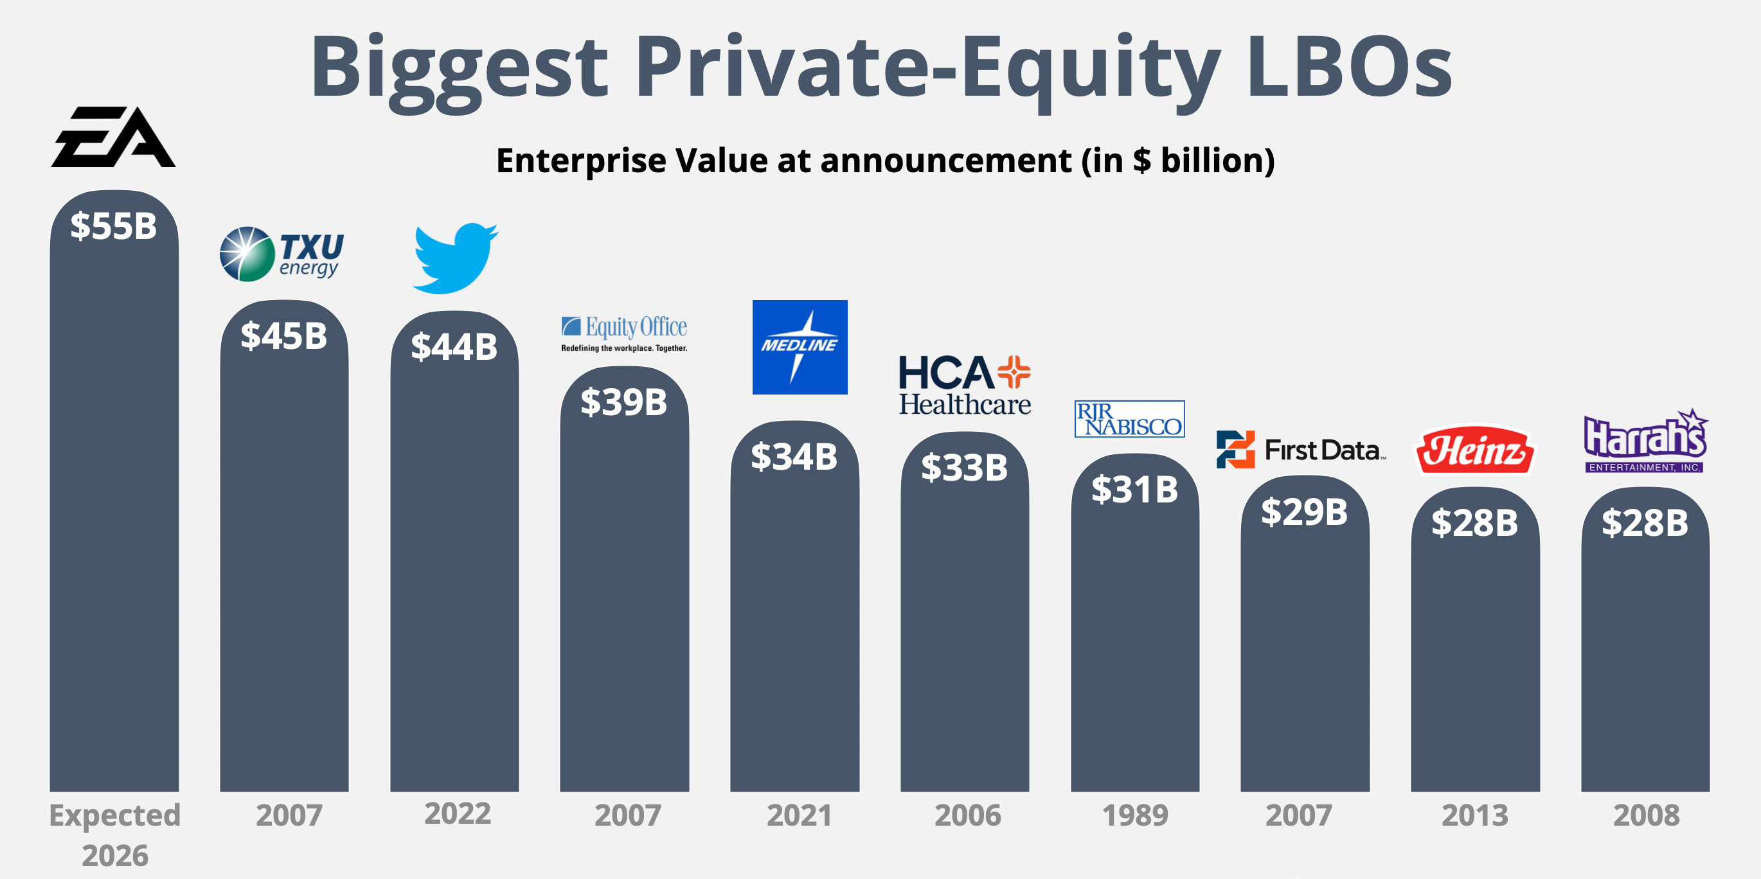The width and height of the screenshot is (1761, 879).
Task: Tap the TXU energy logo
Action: (282, 254)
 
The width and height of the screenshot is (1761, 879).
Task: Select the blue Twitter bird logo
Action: (455, 258)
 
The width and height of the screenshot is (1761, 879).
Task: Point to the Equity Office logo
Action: (624, 333)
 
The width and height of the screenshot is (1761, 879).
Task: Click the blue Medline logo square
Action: (800, 347)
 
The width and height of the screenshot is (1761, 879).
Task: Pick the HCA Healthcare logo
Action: (965, 385)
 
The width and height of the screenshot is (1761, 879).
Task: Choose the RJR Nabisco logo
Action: (1129, 419)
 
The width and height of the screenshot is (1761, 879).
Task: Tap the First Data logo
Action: (1301, 450)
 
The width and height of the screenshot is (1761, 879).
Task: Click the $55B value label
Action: (114, 226)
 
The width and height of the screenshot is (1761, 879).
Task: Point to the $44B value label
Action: (454, 346)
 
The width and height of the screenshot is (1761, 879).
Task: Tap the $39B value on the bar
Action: (623, 402)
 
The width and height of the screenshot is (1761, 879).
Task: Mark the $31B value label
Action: (1135, 490)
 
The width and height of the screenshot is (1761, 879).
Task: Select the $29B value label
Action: (1304, 512)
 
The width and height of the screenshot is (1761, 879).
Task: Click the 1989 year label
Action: (1135, 815)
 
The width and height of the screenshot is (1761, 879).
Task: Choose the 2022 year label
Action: (458, 813)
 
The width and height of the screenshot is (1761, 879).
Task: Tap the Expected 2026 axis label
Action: (115, 835)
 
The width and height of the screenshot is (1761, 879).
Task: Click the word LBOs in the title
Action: (1349, 67)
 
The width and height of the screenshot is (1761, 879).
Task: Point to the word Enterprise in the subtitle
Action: (581, 161)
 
